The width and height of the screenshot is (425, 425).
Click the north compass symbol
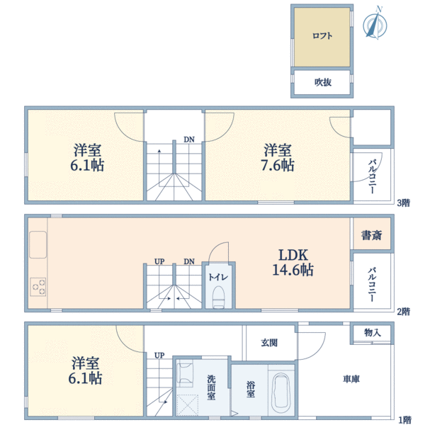(375, 25)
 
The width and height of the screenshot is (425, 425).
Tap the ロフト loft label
(322, 36)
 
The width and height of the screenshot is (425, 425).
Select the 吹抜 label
(323, 82)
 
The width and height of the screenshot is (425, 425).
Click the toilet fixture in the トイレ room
(218, 297)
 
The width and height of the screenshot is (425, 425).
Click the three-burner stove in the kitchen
(38, 287)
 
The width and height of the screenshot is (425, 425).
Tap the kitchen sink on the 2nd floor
(38, 244)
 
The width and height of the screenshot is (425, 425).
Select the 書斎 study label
(372, 235)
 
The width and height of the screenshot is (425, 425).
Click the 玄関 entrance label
(269, 343)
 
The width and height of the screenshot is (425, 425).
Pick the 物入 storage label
(373, 332)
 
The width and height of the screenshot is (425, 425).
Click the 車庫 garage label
(351, 379)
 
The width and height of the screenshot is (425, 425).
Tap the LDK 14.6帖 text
(293, 262)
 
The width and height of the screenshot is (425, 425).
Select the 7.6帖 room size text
(278, 165)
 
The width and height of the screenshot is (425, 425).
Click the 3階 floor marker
(404, 203)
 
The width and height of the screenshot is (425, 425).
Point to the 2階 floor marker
(404, 312)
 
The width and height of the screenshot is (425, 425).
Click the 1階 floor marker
(405, 420)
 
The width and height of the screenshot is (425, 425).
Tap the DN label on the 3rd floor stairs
(189, 140)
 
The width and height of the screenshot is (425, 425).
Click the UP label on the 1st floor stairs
(159, 355)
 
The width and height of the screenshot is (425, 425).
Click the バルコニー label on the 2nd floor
(372, 285)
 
